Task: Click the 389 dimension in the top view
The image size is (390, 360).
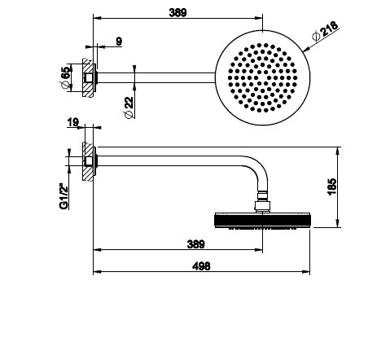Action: pyautogui.click(x=177, y=12)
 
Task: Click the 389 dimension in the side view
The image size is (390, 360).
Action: pyautogui.click(x=195, y=244)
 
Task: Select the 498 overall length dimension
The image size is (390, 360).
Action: pyautogui.click(x=201, y=266)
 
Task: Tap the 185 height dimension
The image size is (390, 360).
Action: pyautogui.click(x=332, y=187)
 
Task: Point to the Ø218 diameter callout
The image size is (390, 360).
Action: pyautogui.click(x=325, y=30)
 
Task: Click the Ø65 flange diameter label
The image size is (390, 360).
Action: pyautogui.click(x=66, y=77)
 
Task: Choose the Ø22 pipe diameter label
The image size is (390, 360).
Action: pyautogui.click(x=129, y=108)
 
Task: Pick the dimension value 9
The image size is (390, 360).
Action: pyautogui.click(x=119, y=42)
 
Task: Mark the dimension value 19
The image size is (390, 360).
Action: pyautogui.click(x=73, y=122)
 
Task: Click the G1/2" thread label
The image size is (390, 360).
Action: pyautogui.click(x=64, y=196)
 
